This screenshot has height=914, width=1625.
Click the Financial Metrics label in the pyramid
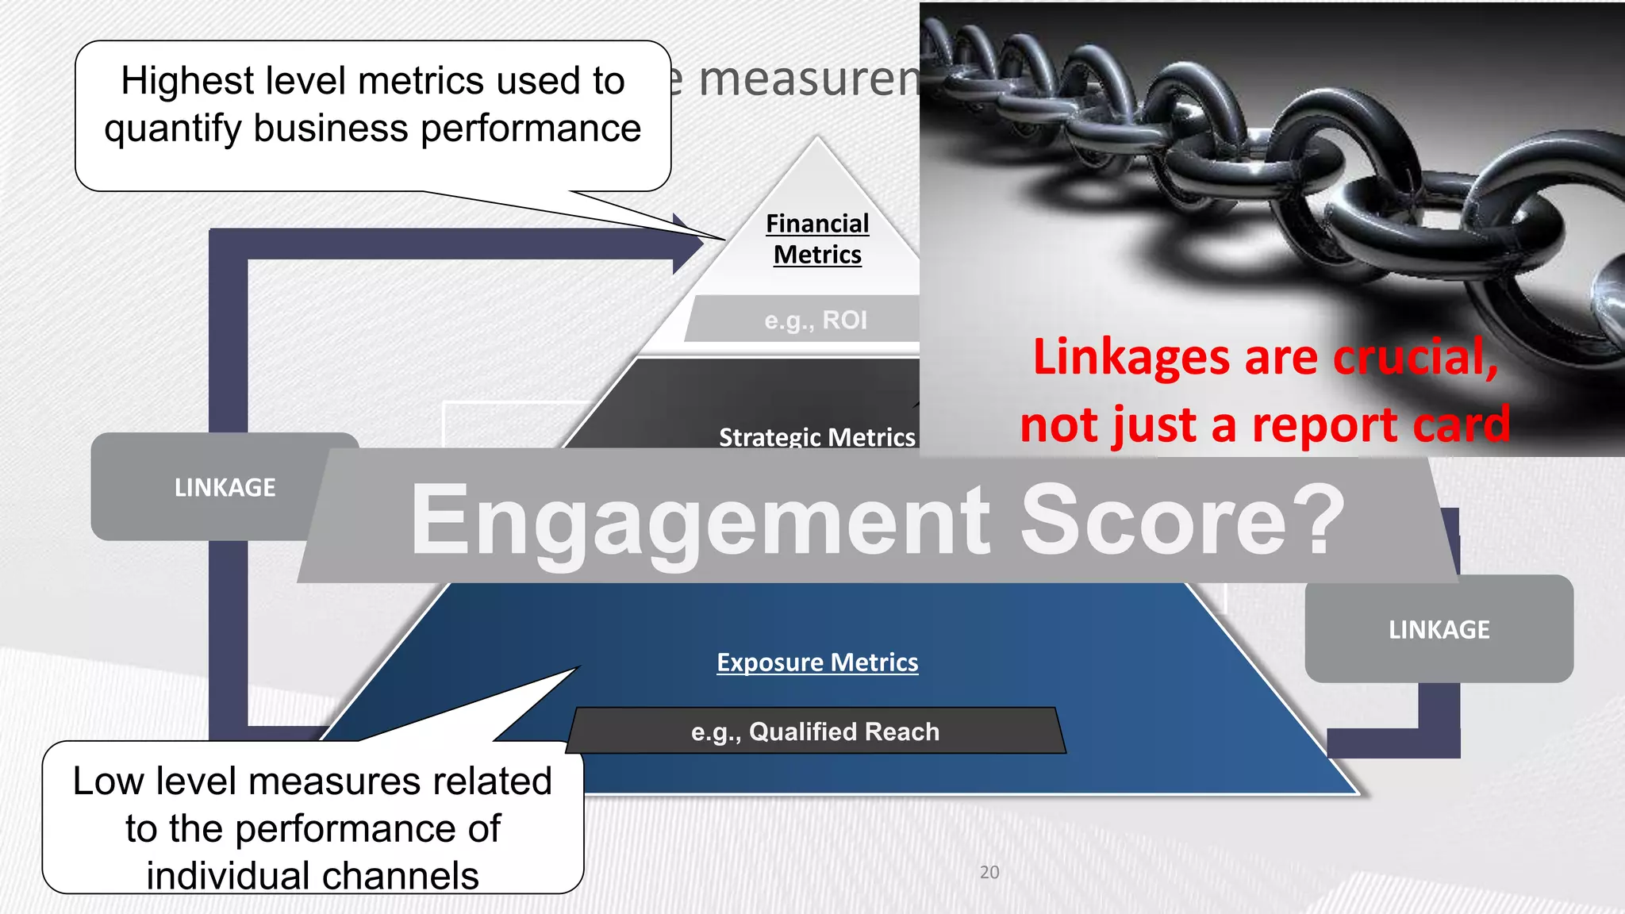(x=817, y=239)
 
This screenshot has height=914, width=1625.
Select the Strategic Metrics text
(x=816, y=436)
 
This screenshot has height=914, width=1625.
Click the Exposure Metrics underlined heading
(x=817, y=662)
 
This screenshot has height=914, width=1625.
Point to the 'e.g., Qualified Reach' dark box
(x=816, y=731)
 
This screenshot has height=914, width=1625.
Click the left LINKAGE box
(x=225, y=486)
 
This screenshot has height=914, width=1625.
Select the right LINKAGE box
(x=1439, y=629)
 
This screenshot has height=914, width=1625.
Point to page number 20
(x=989, y=872)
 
